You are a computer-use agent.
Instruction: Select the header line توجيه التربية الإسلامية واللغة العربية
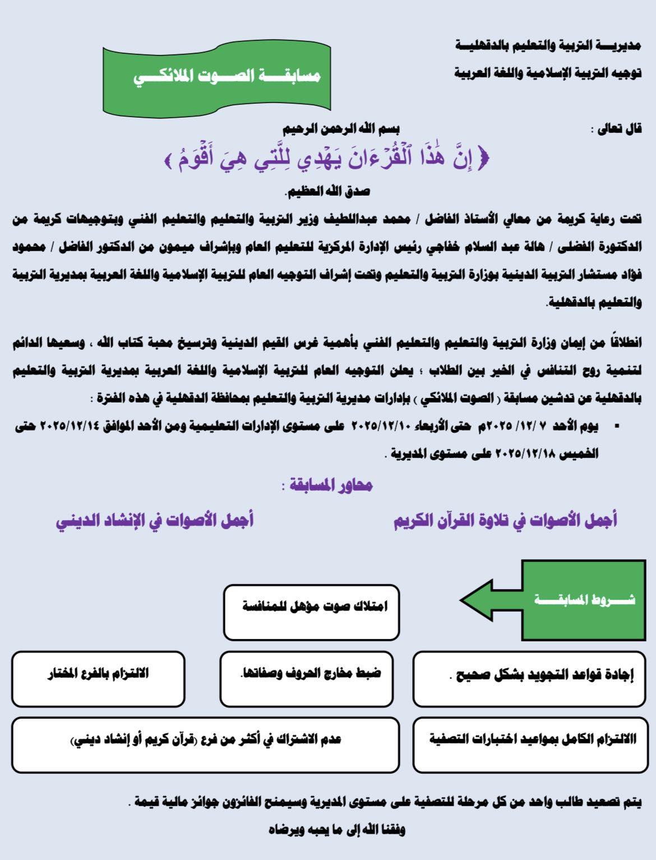pos(547,73)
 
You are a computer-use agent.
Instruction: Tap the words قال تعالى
pos(616,130)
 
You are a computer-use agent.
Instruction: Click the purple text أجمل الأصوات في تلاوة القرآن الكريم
pos(505,520)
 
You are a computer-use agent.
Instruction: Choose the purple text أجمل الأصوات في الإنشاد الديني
pos(155,520)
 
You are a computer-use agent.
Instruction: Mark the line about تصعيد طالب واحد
pos(385,802)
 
